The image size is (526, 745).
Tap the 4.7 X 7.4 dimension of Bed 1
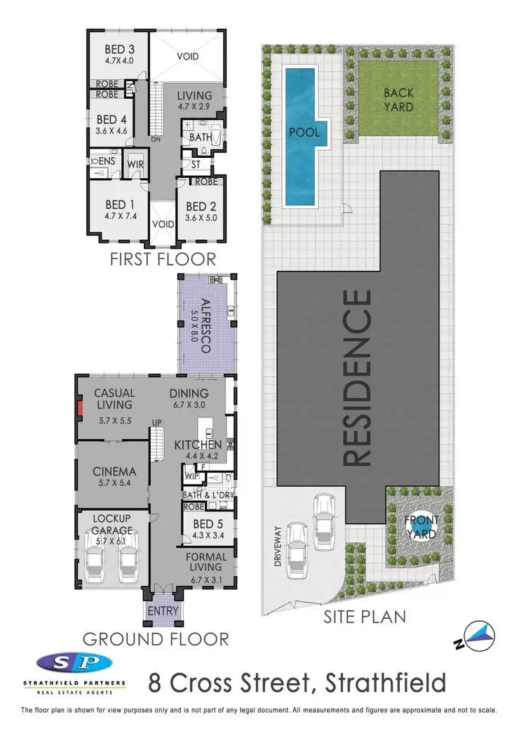116,217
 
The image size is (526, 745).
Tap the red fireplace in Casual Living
80,410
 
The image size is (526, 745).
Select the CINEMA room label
114,471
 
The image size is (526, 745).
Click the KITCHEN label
198,445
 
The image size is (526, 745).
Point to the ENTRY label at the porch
163,611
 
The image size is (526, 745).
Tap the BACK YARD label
398,100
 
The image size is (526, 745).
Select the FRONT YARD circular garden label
421,527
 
